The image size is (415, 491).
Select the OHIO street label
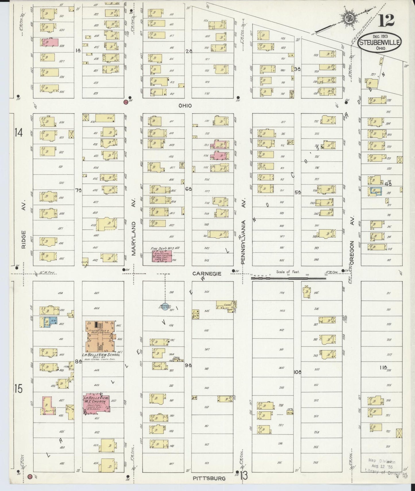(x=185, y=106)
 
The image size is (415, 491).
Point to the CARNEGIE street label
(x=207, y=274)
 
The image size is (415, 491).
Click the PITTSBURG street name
(x=209, y=478)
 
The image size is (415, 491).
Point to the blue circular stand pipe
(x=165, y=307)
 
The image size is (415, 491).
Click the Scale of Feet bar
(x=289, y=278)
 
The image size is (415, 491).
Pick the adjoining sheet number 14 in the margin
(x=18, y=133)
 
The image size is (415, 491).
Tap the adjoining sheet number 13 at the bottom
(x=244, y=476)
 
